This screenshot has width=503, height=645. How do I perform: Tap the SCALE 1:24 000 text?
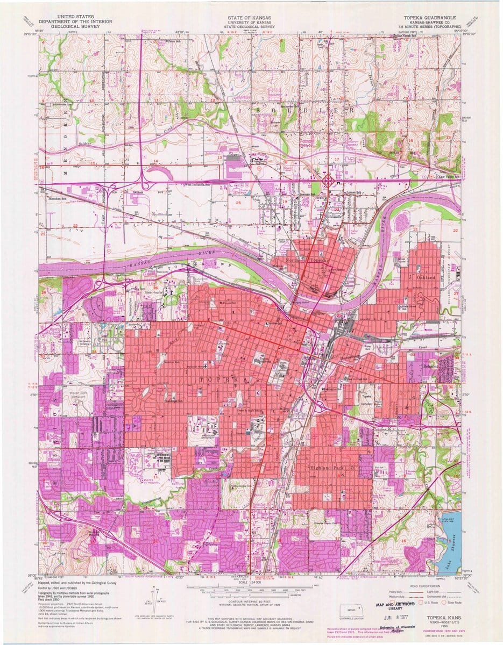click(252, 582)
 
